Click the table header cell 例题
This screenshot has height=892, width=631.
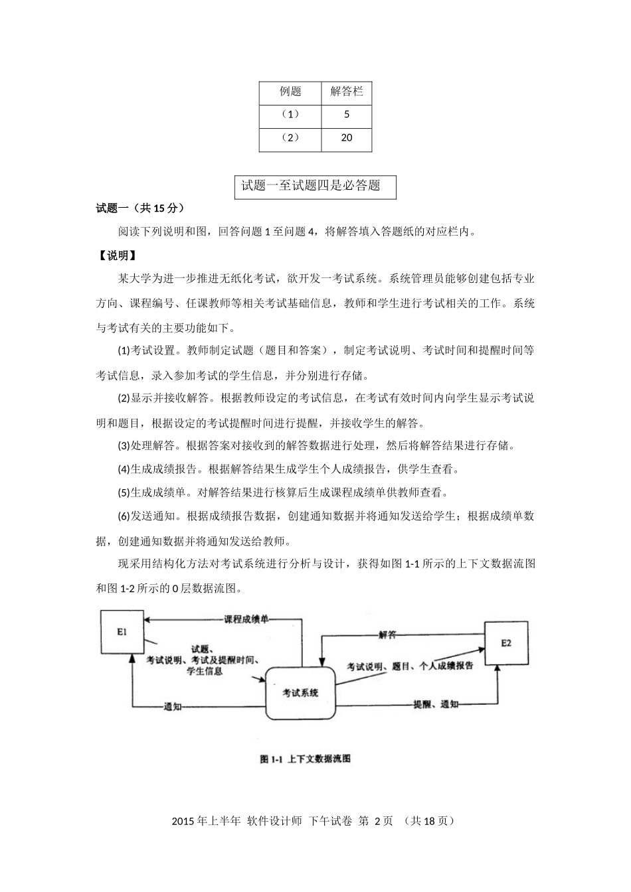[290, 92]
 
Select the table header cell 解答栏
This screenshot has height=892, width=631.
[346, 92]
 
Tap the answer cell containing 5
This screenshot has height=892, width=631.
[346, 115]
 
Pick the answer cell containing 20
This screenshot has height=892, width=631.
[346, 138]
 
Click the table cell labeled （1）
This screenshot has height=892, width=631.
[290, 115]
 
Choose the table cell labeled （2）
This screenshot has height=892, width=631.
[290, 138]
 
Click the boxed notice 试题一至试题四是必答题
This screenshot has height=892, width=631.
[315, 186]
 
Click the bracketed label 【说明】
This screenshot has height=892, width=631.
[118, 256]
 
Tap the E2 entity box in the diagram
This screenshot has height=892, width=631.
[505, 643]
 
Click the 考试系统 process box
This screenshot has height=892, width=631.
[300, 693]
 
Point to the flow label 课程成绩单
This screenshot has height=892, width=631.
[246, 619]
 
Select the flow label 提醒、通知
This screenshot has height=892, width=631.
[435, 704]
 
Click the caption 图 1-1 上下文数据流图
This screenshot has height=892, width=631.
[305, 759]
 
